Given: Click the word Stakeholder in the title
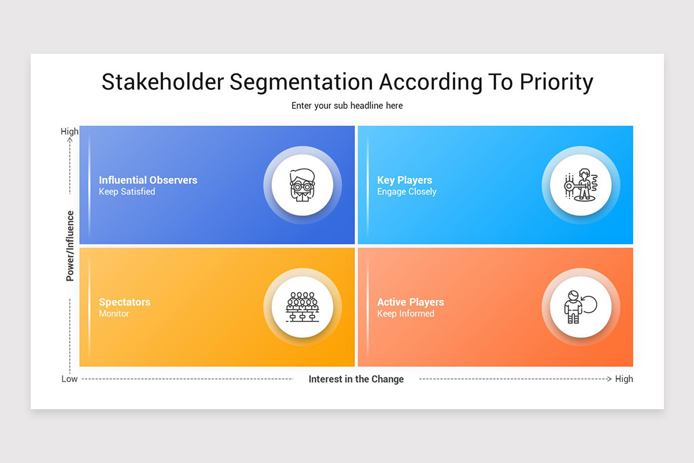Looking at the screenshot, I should point(162,82).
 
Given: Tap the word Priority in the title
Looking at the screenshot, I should point(556,82).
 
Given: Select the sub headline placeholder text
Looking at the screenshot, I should point(347,105).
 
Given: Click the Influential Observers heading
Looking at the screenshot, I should point(148,180).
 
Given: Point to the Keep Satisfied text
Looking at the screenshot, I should point(127,192).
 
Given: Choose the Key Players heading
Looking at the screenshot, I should point(404,180).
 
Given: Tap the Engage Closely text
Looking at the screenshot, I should point(407,192).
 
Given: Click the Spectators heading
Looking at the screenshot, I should point(124,302).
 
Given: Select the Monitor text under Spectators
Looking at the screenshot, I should point(114,314).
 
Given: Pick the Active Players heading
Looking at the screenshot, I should point(411,302).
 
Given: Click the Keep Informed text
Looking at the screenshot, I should point(405,314).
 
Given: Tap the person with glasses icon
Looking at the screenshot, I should point(302,185).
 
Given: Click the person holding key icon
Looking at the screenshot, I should point(581,185).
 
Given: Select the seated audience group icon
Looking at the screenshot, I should point(302,307).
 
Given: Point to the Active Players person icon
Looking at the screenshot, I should point(579,307).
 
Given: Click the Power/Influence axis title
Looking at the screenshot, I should point(70,246).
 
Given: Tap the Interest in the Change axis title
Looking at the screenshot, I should point(356,379).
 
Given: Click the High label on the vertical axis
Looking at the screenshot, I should point(69,131).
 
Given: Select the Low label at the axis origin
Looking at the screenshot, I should point(69,379).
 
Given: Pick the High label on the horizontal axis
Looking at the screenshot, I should point(624,379).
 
